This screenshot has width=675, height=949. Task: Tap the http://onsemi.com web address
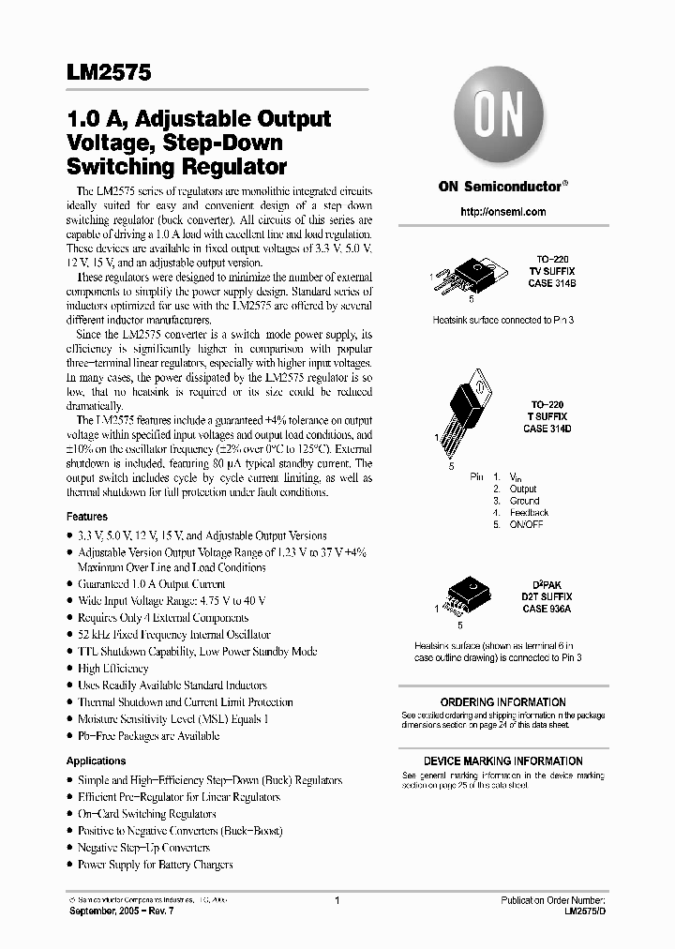click(503, 212)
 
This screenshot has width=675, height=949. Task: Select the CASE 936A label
click(547, 609)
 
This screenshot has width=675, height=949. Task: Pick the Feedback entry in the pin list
click(529, 513)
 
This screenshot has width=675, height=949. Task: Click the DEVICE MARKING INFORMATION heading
click(502, 761)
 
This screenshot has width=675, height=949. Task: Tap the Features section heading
click(87, 517)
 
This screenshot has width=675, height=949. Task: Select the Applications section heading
click(96, 761)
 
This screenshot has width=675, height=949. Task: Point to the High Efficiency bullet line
click(112, 669)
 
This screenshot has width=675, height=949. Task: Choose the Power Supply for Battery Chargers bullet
click(155, 865)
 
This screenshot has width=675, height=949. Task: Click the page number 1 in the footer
click(336, 900)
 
